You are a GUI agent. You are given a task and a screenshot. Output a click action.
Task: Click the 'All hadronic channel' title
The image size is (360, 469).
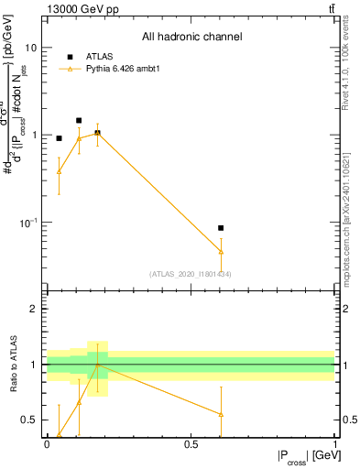pos(191,38)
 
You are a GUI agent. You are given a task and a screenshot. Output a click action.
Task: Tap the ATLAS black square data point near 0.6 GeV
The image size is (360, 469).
pos(221,227)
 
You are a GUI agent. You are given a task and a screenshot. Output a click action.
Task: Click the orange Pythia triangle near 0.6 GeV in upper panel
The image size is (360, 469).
pos(221,251)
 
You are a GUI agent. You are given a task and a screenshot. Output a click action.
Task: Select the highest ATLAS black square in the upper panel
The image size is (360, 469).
pos(79,120)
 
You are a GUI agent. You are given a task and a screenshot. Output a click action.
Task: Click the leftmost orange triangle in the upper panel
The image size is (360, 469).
pos(59,171)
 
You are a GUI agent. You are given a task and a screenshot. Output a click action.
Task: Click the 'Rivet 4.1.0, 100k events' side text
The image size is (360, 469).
pos(350,69)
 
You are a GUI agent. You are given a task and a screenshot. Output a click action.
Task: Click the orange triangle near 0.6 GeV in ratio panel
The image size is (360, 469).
pos(221,414)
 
